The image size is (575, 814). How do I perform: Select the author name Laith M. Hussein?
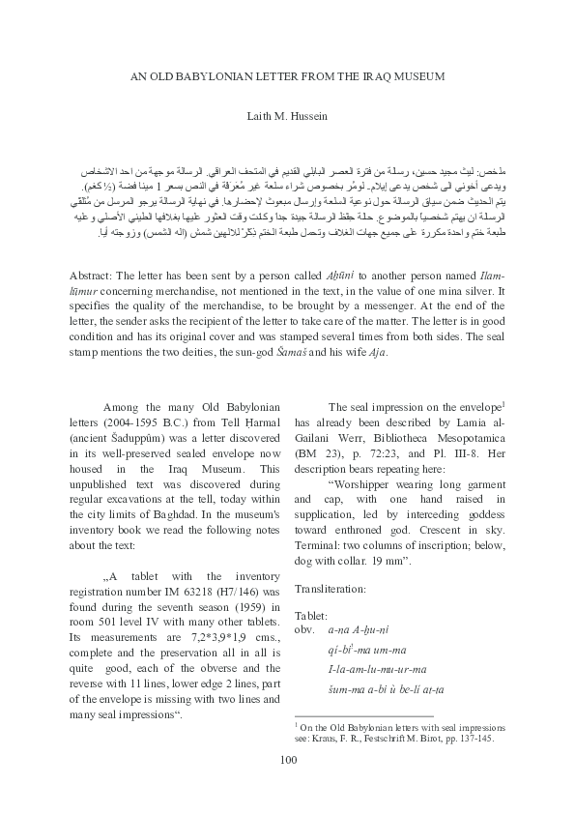(287, 114)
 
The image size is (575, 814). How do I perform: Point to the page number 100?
(287, 759)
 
